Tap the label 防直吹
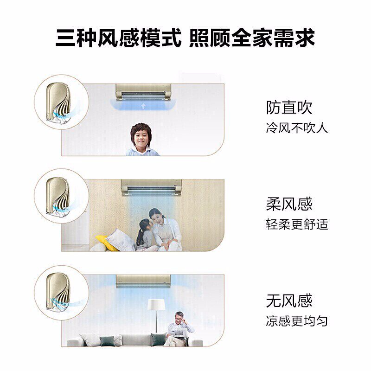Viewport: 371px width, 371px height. (289, 108)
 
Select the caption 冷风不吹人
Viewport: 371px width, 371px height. (297, 128)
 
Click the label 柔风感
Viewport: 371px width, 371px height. (289, 204)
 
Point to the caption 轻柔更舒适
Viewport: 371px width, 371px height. (297, 224)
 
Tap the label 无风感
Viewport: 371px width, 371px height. (289, 301)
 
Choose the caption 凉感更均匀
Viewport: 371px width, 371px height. (297, 321)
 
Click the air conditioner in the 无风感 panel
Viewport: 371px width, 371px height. (143, 280)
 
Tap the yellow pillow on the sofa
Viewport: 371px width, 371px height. (106, 242)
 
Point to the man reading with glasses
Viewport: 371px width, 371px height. (179, 327)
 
